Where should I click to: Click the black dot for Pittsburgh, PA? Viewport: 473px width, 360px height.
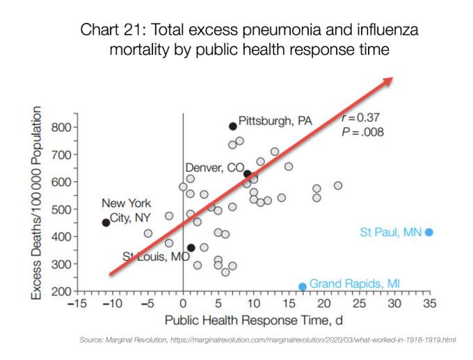tap(233, 126)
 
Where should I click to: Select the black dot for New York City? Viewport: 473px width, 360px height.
tap(106, 222)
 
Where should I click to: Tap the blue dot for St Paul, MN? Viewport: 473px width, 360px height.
tap(429, 232)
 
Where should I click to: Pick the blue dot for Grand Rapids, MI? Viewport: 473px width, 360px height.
tap(303, 286)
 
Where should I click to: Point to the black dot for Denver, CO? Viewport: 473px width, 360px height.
tap(247, 173)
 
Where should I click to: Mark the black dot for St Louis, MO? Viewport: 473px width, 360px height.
tap(191, 247)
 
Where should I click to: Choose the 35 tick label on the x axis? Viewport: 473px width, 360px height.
tap(431, 304)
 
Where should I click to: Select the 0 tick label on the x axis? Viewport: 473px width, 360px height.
tap(183, 304)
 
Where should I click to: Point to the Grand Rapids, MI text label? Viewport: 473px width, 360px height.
tap(355, 284)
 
